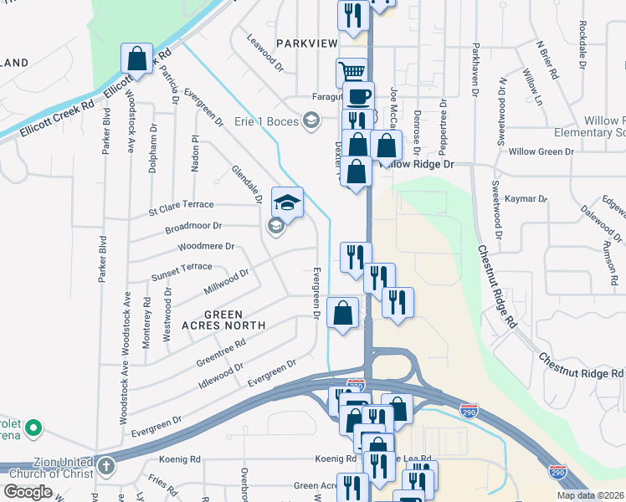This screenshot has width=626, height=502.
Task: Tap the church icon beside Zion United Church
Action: [106, 466]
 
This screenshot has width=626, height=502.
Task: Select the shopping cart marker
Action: [351, 72]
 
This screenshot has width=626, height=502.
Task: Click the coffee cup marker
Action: [357, 95]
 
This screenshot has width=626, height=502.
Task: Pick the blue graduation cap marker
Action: [287, 202]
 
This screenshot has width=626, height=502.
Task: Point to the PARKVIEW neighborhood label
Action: [305, 43]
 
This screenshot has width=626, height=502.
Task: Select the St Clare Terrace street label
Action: [181, 204]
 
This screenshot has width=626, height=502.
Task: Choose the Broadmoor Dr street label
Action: [193, 226]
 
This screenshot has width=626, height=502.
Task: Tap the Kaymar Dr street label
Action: [526, 199]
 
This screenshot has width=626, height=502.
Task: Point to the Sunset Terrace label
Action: [182, 267]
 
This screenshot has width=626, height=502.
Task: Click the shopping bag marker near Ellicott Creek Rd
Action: [136, 59]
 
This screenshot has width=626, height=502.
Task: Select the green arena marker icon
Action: [33, 429]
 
